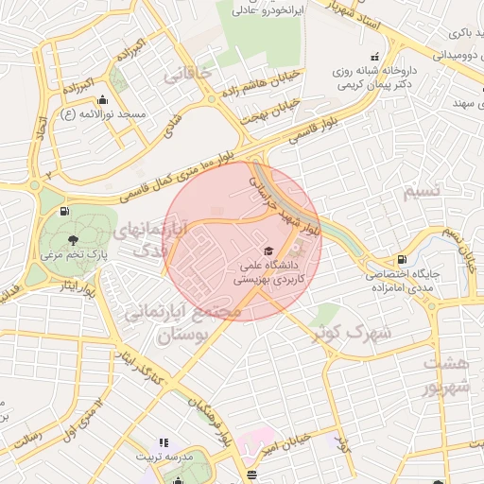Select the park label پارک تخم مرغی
pos(74,254)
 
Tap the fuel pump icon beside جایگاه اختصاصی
pos(403,258)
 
